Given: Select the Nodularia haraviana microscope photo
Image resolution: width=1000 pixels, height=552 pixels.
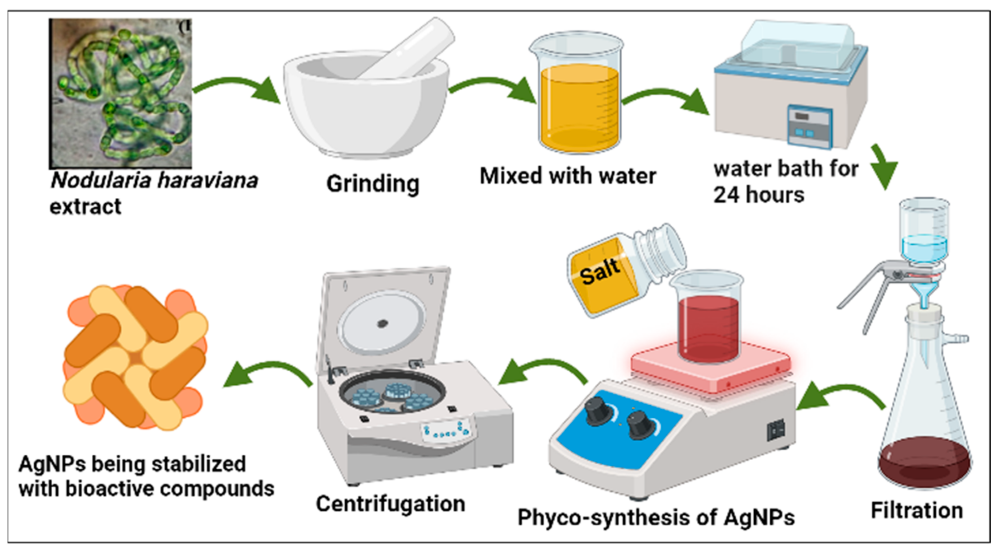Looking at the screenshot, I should pyautogui.click(x=120, y=93).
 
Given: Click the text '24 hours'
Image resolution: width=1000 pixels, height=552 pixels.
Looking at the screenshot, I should pyautogui.click(x=759, y=195).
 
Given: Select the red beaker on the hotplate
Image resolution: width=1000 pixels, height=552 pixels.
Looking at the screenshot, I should pyautogui.click(x=709, y=326).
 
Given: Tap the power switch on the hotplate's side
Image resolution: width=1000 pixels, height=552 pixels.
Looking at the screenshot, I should pyautogui.click(x=776, y=430).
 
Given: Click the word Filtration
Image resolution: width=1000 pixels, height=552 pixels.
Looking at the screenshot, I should pyautogui.click(x=917, y=510).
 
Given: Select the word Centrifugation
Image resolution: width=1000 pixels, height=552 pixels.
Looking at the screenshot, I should pyautogui.click(x=391, y=504).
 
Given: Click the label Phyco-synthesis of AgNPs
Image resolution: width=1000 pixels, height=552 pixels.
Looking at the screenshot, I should pyautogui.click(x=656, y=517).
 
